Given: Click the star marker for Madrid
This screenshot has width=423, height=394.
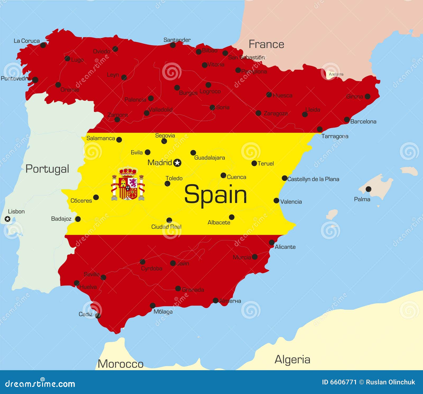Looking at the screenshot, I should [177, 163].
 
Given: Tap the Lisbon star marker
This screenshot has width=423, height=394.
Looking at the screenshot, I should [8, 219].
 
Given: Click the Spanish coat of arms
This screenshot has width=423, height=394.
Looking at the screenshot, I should [128, 184].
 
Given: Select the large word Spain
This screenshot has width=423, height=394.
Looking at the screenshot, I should [215, 194].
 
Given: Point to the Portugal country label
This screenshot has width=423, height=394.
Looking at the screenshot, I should [47, 169].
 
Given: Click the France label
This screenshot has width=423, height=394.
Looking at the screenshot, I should [266, 44].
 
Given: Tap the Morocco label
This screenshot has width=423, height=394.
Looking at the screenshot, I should [121, 364].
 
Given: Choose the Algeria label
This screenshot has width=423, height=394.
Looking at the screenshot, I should [292, 359].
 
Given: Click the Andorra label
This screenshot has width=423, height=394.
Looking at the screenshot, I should [336, 74].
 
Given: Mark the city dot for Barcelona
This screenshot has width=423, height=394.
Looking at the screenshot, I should [347, 120].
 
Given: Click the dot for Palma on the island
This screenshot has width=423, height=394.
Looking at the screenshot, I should [368, 189].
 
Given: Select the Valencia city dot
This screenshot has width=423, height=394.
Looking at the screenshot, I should [276, 201].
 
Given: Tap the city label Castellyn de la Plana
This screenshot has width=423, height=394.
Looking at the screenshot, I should [313, 179].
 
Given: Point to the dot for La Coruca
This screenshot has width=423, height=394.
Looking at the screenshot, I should [43, 45].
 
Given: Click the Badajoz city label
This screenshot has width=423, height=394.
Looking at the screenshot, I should [61, 219].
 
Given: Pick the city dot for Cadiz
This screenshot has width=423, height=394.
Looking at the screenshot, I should [98, 315].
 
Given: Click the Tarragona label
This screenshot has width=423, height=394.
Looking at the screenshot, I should [335, 136].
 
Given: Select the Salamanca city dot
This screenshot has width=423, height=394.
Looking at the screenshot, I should [119, 140].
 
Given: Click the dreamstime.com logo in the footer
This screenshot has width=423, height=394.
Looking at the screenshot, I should [40, 383].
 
